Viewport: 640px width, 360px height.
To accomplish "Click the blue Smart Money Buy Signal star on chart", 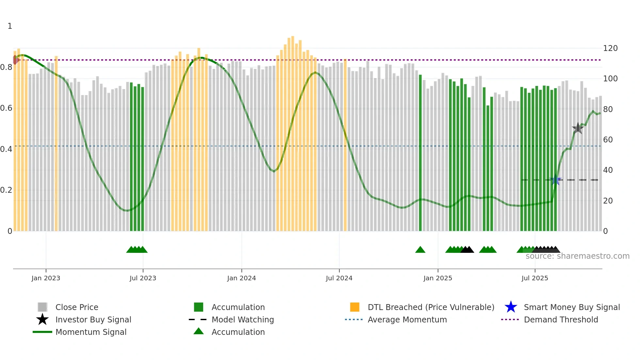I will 555,180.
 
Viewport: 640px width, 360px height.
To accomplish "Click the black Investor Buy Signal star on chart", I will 578,128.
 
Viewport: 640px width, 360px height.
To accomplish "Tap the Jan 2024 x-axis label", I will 241,278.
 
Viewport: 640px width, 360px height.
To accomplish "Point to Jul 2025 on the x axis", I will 535,278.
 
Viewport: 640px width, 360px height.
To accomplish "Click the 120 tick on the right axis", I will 610,48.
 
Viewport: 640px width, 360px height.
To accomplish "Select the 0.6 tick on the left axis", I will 6,108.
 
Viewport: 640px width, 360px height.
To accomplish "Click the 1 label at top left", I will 10,26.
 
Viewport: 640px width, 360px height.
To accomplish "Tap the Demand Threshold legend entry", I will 561,319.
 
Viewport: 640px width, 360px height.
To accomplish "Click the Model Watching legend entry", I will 242,319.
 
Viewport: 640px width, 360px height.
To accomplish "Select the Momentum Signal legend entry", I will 91,332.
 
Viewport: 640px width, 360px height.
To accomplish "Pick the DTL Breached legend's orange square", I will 355,307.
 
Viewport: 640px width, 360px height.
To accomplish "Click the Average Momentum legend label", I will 407,319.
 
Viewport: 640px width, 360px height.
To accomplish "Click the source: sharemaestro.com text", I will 577,256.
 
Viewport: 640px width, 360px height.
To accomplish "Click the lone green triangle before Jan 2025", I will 420,250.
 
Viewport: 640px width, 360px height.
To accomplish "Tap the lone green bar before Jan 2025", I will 420,154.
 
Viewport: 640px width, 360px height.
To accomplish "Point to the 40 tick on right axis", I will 608,170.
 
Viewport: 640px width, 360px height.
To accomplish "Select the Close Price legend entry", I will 76,307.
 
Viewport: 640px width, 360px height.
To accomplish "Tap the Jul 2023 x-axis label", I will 143,278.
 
